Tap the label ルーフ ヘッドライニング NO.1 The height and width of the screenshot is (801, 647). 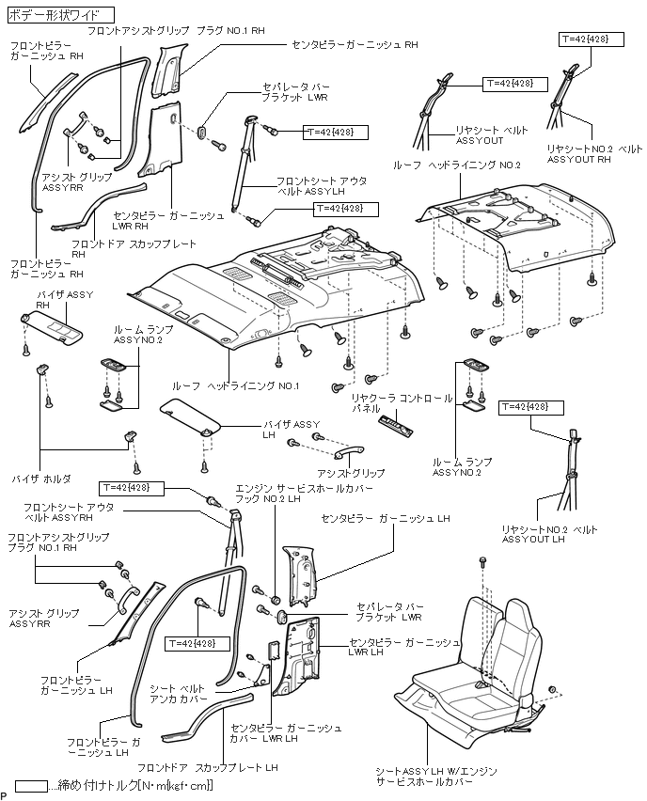point(235,386)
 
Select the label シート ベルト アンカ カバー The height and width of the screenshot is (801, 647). point(178,695)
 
